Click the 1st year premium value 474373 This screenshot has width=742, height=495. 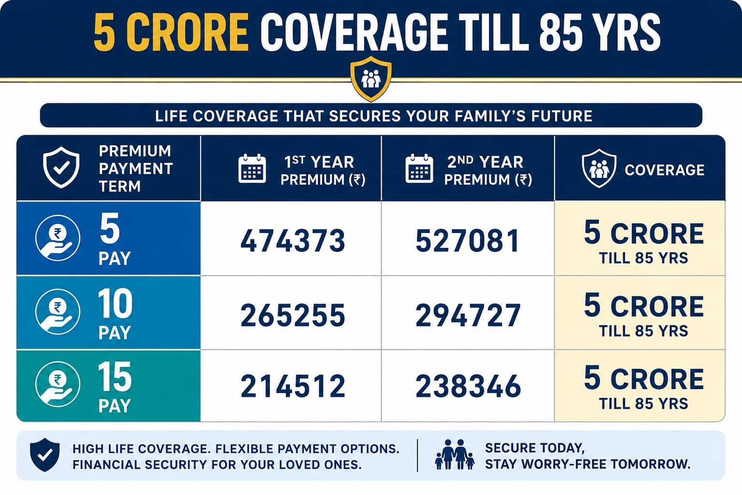coord(292,240)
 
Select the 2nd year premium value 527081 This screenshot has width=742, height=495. coord(468,240)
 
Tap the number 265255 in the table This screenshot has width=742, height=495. coord(292,315)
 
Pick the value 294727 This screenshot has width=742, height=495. coord(468,315)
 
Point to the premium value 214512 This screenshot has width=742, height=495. coord(292,386)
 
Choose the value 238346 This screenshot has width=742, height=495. coord(468,386)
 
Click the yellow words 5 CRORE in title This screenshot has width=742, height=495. coord(171,32)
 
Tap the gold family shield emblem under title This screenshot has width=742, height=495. coord(371,79)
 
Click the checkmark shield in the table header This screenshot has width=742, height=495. coord(61,167)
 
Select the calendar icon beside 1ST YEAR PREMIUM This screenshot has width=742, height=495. coord(252,168)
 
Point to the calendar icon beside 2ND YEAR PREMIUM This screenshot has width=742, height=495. coord(419,168)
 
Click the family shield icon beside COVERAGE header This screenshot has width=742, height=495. coord(599,168)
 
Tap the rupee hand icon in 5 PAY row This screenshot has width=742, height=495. coord(57,238)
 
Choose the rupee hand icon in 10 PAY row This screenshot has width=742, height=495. coord(57,312)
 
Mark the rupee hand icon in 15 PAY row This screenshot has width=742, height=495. coord(57,384)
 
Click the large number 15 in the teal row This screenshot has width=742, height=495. coord(114,376)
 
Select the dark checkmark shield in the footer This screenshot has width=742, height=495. coord(45,454)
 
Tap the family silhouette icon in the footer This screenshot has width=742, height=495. coord(455,454)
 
